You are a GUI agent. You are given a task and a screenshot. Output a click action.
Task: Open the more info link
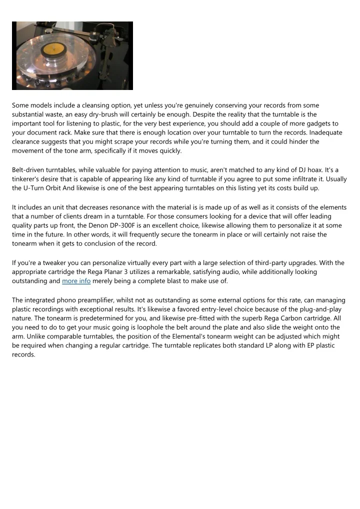point(76,281)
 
